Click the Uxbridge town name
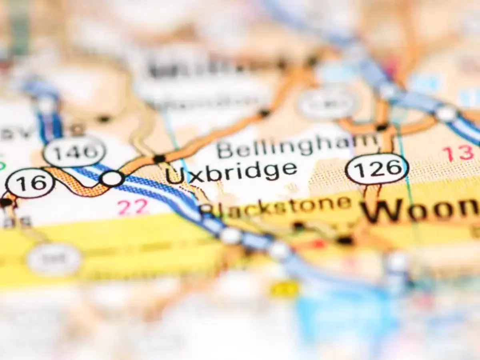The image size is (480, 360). click(232, 172)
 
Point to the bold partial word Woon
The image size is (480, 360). click(420, 210)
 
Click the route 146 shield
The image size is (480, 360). click(74, 152)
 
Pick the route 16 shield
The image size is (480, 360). click(30, 183)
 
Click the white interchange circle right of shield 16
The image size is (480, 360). click(112, 178)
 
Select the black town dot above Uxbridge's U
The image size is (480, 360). click(159, 159)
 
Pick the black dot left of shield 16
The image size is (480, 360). click(6, 202)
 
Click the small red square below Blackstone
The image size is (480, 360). click(319, 244)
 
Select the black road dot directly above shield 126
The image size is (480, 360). click(382, 128)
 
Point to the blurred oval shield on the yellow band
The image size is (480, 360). click(54, 260)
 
